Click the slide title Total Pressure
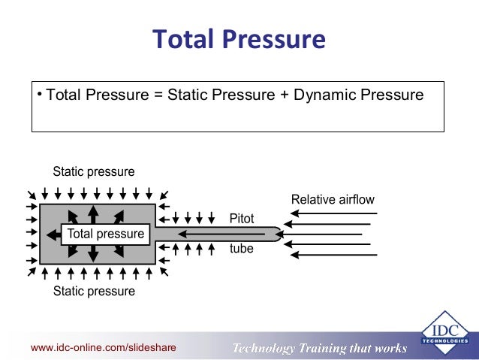[239, 39]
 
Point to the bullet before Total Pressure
[40, 95]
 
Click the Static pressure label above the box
[94, 172]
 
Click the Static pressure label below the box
[94, 291]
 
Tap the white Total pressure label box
[105, 234]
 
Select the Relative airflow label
[332, 200]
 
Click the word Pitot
[242, 219]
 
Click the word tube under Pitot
[242, 249]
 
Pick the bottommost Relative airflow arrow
[333, 255]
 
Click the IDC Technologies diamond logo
[446, 331]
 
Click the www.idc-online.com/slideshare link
[103, 347]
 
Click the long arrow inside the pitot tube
[218, 234]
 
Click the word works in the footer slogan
[389, 348]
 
